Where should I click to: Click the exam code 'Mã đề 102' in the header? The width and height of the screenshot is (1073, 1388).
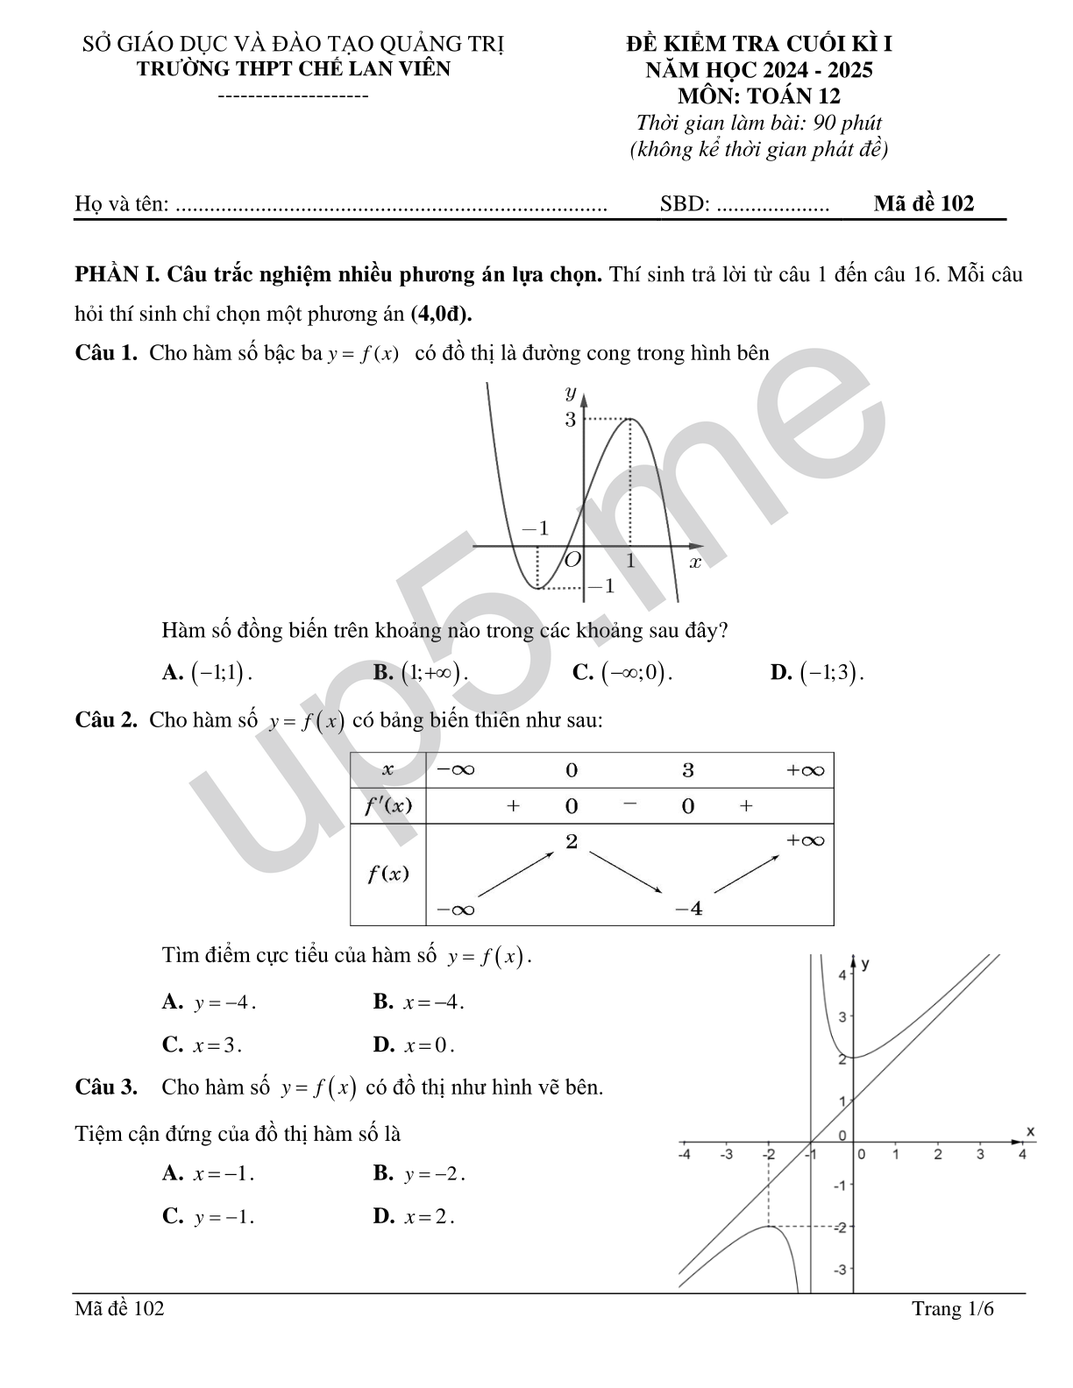coord(923,204)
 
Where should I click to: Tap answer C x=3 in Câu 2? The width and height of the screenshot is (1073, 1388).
coord(202,1045)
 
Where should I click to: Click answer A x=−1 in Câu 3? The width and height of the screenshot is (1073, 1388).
coord(209,1174)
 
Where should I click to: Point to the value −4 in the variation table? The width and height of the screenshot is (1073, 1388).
coord(689,909)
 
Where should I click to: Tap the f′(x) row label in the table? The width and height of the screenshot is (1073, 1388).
coord(387,805)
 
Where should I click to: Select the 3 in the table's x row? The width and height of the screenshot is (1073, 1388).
coord(688,770)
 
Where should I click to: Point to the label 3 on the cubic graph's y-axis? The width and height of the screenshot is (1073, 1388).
coord(570,420)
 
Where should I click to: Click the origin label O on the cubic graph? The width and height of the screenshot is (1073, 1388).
coord(572,559)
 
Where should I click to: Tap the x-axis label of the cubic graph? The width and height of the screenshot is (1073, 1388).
coord(695,562)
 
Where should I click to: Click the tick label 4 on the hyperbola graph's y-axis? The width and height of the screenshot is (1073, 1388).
coord(842,975)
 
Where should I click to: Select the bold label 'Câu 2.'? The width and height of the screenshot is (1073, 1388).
coord(106,720)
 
